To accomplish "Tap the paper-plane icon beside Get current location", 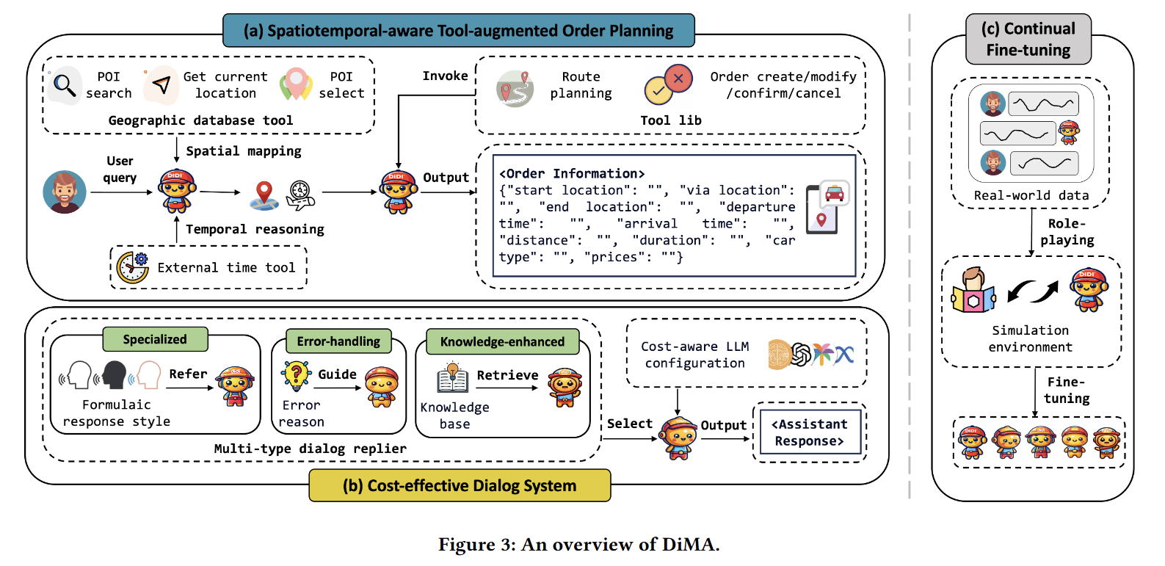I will tap(161, 85).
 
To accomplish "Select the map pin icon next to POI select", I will tap(296, 84).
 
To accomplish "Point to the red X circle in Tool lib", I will tap(678, 78).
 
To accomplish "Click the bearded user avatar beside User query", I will tap(65, 192).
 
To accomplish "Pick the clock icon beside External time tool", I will tap(133, 267).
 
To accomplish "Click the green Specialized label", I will tap(155, 339).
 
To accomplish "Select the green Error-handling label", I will tap(338, 341).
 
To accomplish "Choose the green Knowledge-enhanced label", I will tap(502, 341).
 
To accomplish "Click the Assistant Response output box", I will tap(810, 432).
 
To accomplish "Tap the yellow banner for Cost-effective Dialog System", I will tap(460, 485).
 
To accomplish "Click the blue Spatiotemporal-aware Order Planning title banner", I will tap(458, 31).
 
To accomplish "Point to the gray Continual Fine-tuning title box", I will tap(1028, 39).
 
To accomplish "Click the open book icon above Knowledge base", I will tap(453, 377).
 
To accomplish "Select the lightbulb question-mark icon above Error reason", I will tap(296, 376).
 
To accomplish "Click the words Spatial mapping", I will tap(244, 151).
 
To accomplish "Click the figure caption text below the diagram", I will tap(578, 545).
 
